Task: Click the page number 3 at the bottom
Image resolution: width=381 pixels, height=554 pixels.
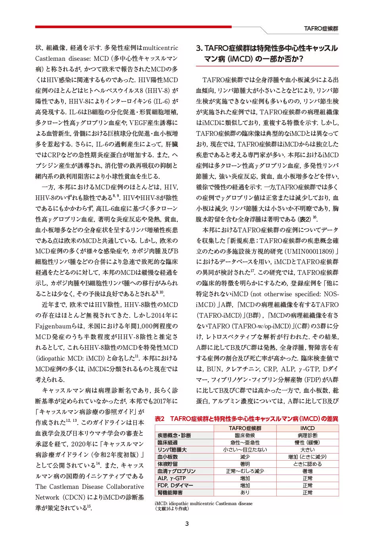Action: (x=187, y=523)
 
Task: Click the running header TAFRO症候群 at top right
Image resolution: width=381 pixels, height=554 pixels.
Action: (x=321, y=29)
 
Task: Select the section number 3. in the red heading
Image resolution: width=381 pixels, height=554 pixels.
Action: (x=199, y=48)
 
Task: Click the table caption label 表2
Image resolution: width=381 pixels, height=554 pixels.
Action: (x=160, y=419)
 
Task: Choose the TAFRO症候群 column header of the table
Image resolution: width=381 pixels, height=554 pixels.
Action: (x=245, y=428)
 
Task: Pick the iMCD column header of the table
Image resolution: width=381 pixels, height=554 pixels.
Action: (x=307, y=428)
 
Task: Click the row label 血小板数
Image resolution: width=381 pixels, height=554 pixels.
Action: (x=167, y=457)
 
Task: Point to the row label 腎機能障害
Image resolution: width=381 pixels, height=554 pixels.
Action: (x=170, y=492)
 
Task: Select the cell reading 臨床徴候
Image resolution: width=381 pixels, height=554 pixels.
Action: (x=245, y=435)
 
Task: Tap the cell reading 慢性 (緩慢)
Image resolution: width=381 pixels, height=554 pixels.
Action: (x=307, y=442)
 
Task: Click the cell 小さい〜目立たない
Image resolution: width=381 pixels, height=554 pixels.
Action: (x=245, y=450)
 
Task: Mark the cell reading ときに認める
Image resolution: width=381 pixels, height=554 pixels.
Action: (x=307, y=464)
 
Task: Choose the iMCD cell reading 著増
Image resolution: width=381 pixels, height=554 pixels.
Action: (x=307, y=471)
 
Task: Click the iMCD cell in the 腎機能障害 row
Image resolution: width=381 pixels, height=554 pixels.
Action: (x=307, y=492)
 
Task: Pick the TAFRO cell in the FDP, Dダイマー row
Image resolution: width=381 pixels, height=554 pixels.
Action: (x=245, y=485)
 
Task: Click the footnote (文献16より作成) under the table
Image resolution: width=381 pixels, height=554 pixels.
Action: (x=172, y=509)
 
